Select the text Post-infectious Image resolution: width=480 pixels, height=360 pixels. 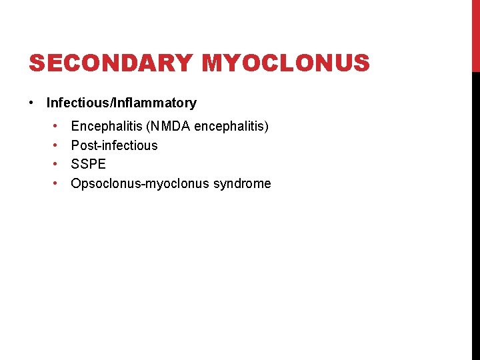tap(115, 145)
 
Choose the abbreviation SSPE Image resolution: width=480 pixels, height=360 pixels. tap(89, 164)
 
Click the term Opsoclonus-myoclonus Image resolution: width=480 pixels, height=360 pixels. tap(140, 183)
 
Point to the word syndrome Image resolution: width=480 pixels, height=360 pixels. tap(242, 183)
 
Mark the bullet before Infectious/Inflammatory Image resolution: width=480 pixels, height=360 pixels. tap(31, 103)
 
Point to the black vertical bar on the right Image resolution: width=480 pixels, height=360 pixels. tap(475, 213)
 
